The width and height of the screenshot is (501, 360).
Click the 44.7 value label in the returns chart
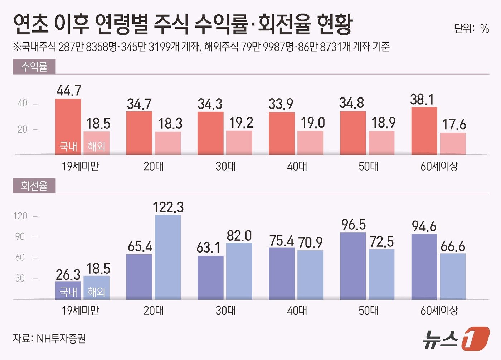pyautogui.click(x=69, y=91)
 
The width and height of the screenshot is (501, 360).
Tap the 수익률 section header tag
pyautogui.click(x=34, y=67)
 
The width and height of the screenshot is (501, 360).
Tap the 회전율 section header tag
pyautogui.click(x=34, y=186)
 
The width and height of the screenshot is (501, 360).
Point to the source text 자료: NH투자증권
pyautogui.click(x=49, y=339)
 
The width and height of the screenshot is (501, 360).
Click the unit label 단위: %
pyautogui.click(x=471, y=28)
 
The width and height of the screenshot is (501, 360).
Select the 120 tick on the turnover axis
pyautogui.click(x=20, y=216)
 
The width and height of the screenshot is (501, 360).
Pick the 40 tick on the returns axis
pyautogui.click(x=22, y=104)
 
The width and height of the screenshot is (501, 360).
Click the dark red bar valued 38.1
pyautogui.click(x=424, y=131)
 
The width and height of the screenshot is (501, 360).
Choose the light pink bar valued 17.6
pyautogui.click(x=453, y=144)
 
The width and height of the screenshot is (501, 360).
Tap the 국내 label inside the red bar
pyautogui.click(x=68, y=146)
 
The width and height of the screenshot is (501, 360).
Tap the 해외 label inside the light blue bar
pyautogui.click(x=97, y=292)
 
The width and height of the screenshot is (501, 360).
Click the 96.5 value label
pyautogui.click(x=353, y=225)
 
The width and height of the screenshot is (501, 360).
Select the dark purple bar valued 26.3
pyautogui.click(x=68, y=290)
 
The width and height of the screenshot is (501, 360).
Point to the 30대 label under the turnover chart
pyautogui.click(x=225, y=310)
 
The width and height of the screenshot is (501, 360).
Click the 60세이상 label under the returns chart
pyautogui.click(x=439, y=166)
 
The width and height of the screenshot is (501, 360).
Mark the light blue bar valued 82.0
pyautogui.click(x=239, y=271)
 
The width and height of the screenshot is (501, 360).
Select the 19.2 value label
pyautogui.click(x=241, y=123)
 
